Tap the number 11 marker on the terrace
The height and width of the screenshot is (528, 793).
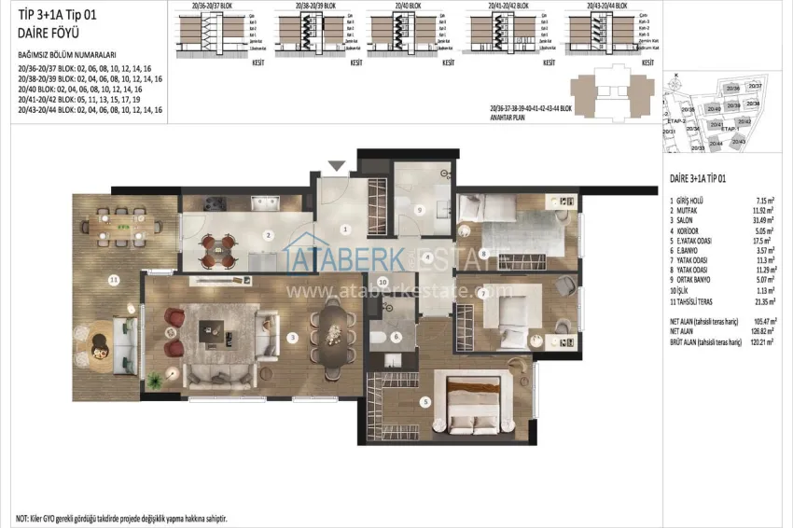pos(114,279)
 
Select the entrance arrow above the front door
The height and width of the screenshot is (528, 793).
pos(336,166)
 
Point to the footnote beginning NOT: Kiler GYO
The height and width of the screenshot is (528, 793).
pos(121,517)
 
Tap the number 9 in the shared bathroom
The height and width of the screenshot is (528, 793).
pos(419,210)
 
